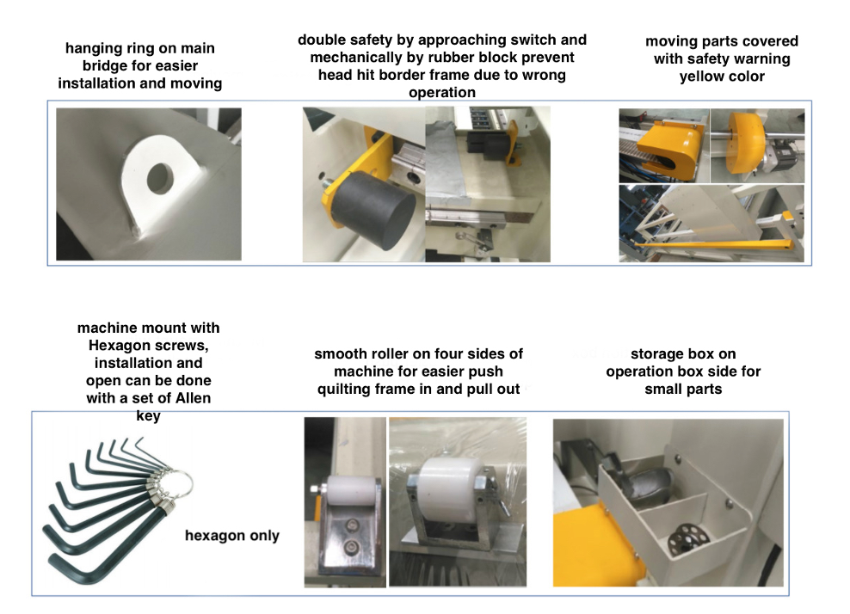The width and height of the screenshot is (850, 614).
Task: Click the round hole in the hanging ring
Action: (x=160, y=178)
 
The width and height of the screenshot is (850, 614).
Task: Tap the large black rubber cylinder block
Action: (x=374, y=211)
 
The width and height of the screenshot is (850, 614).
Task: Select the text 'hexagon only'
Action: (x=232, y=536)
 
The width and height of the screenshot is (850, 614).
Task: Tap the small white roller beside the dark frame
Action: (x=351, y=491)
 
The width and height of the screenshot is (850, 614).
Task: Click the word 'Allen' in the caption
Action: (x=193, y=398)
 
